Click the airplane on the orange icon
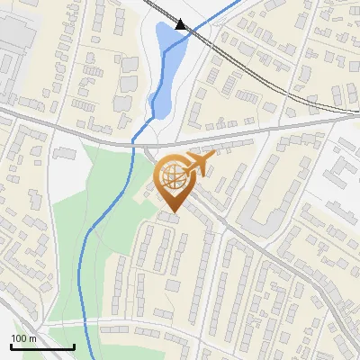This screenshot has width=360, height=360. coord(200,164)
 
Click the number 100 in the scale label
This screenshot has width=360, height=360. coord(19,338)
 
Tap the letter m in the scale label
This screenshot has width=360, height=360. coord(32,338)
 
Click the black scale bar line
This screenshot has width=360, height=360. coord(42,346)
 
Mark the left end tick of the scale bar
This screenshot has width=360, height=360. coord(11,345)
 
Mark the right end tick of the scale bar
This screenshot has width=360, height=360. coord(74,345)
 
